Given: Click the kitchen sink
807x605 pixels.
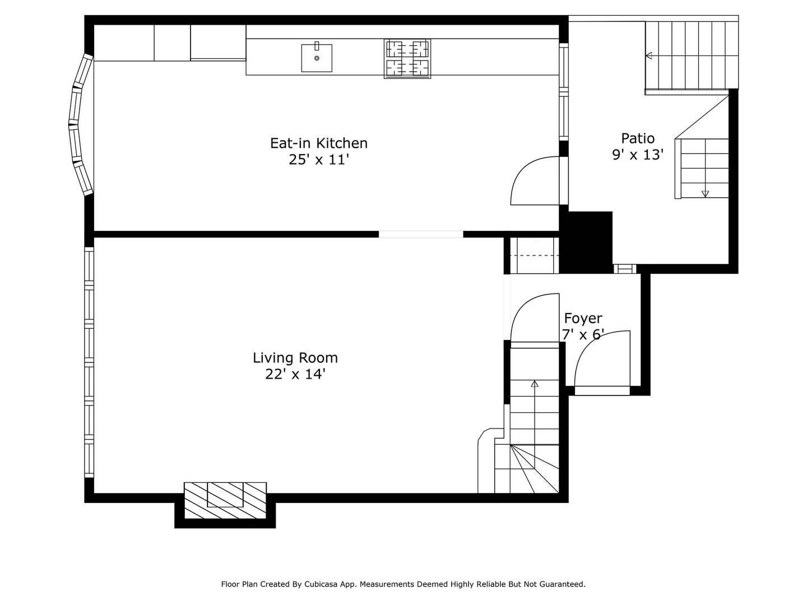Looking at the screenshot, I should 317,58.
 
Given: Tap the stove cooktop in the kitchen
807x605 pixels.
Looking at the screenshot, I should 407,58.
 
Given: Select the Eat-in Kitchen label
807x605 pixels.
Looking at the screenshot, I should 319,143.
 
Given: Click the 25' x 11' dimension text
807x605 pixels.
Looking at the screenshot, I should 319,160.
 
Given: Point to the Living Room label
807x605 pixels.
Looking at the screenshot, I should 295,357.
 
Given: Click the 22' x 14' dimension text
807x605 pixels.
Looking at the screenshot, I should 295,374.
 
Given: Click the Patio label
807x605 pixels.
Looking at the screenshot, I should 638,138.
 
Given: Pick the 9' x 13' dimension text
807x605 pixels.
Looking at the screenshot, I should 638,155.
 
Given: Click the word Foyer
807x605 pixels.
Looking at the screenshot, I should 583,318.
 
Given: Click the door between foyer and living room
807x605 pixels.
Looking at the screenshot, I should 534,318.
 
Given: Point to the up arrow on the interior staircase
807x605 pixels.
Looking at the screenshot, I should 535,384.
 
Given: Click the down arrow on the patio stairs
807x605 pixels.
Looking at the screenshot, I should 705,193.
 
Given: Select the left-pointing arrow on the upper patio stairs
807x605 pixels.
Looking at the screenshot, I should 650,55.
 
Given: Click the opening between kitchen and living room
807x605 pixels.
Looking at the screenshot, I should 421,234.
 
